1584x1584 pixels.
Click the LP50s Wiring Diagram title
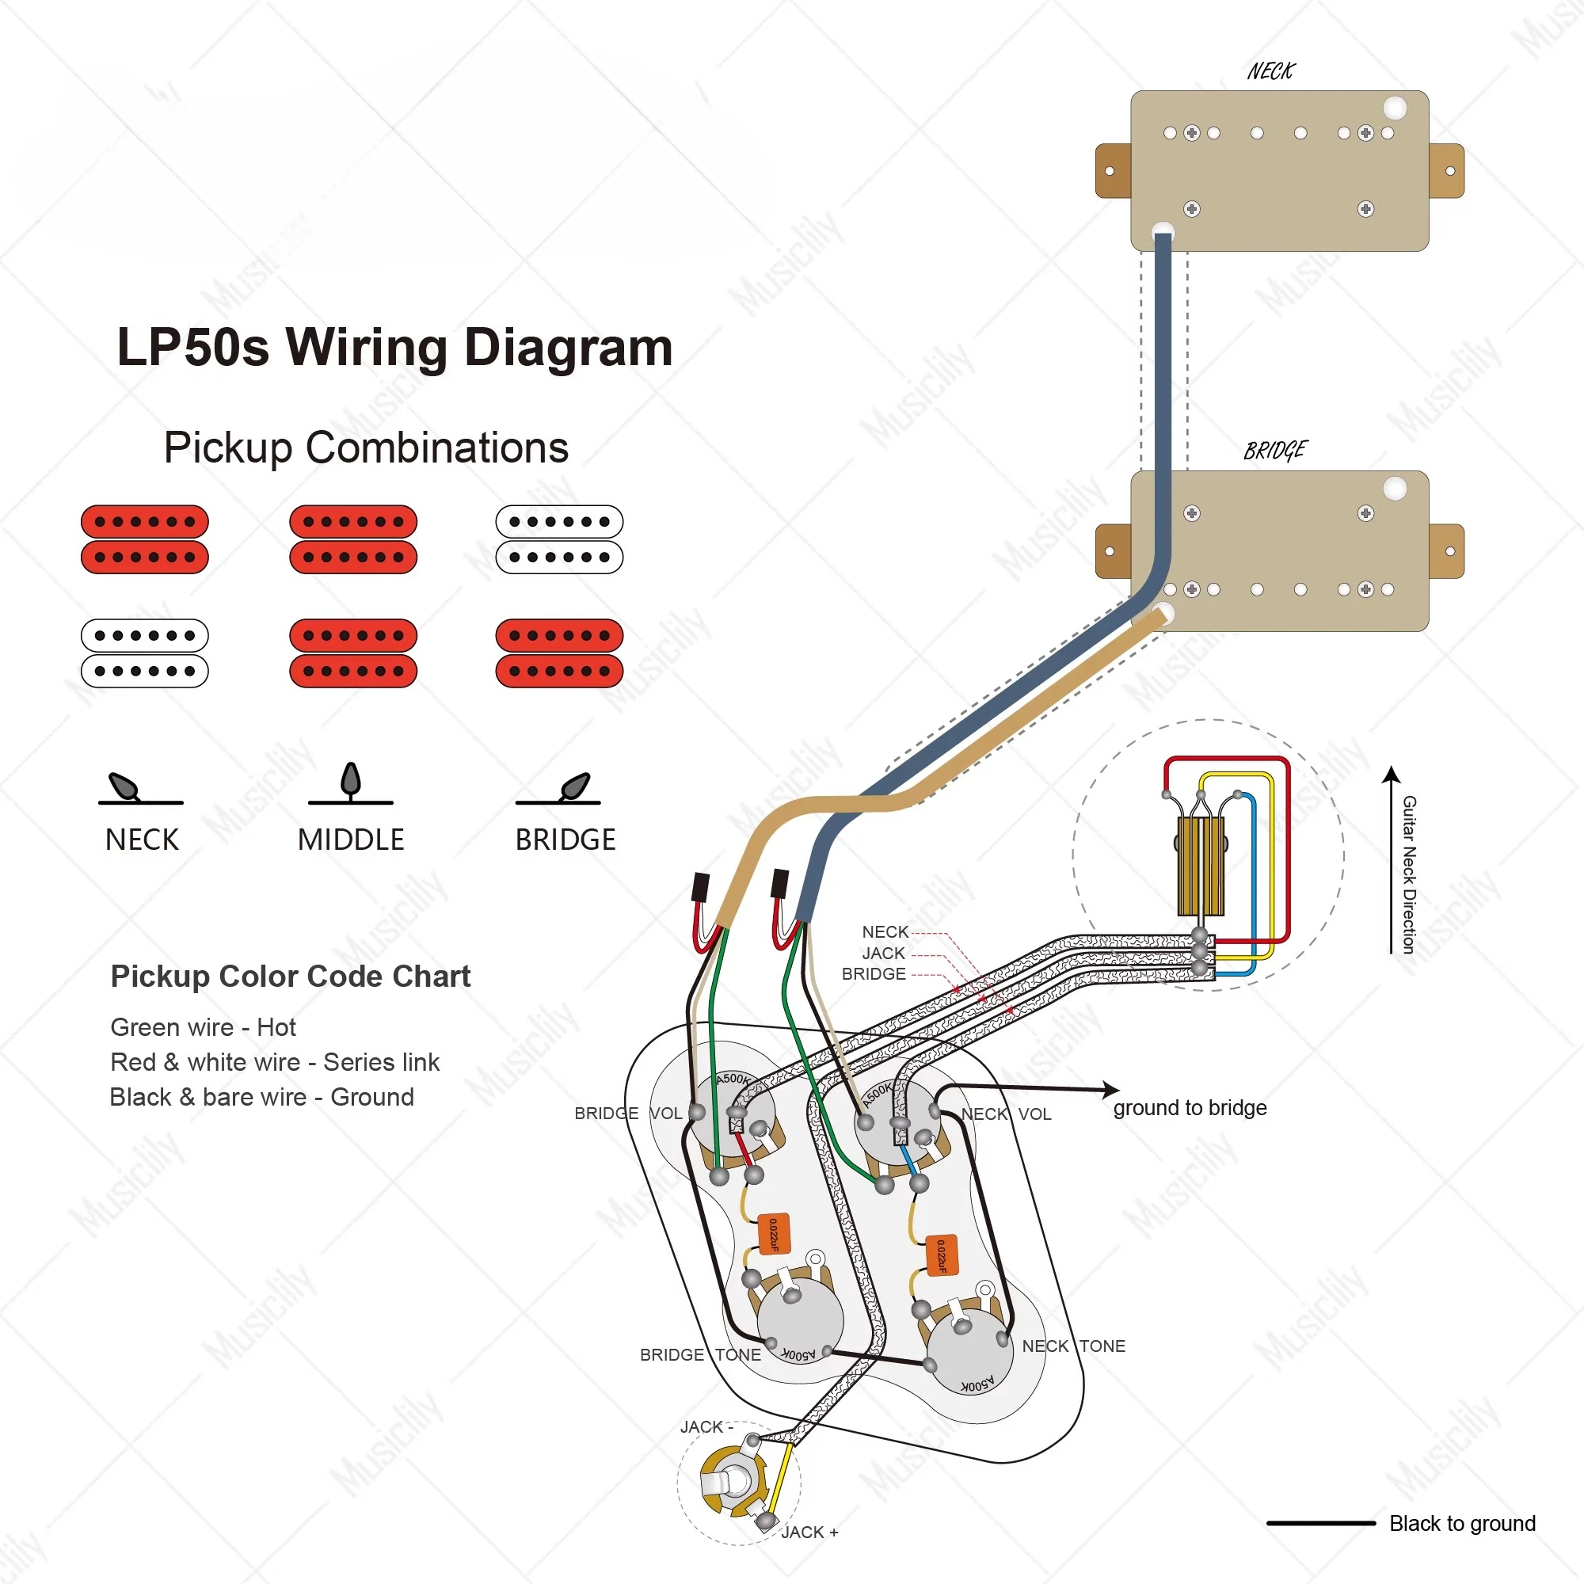click(x=394, y=348)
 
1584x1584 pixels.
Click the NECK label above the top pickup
click(x=1270, y=71)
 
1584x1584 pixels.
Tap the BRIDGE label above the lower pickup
click(x=1275, y=451)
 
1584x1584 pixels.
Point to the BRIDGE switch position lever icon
click(x=558, y=788)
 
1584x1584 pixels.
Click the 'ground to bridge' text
click(x=1190, y=1108)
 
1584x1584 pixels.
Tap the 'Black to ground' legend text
click(x=1462, y=1523)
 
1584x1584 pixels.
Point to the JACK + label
click(x=810, y=1532)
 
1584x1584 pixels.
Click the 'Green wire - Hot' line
click(x=203, y=1027)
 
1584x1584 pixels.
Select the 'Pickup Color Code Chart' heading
click(x=290, y=977)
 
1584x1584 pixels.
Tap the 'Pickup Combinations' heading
click(x=366, y=447)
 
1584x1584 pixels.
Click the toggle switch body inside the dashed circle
click(x=1201, y=866)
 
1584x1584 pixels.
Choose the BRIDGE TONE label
click(x=700, y=1354)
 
